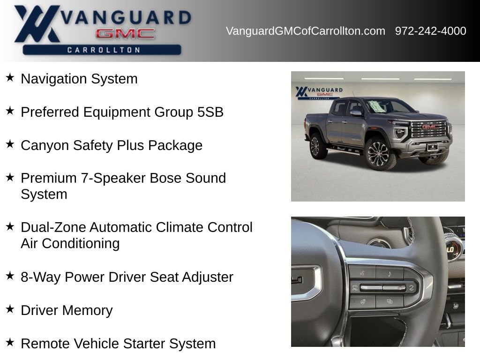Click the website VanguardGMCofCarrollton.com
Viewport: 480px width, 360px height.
point(305,31)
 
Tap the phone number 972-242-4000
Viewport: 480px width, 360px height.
point(430,31)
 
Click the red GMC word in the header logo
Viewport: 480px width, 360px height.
point(125,34)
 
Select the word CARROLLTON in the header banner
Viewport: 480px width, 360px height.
point(103,50)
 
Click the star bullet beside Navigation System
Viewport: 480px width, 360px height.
point(10,78)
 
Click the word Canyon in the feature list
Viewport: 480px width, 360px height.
point(45,145)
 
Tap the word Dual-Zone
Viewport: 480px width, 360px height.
point(53,227)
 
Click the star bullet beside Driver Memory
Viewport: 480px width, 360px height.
point(10,309)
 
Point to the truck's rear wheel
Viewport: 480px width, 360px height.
point(317,146)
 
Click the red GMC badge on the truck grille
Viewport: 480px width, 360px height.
point(429,127)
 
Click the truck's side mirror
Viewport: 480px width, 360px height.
point(356,113)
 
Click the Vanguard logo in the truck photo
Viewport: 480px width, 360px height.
point(319,92)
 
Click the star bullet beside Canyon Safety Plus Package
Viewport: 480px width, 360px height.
point(10,144)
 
